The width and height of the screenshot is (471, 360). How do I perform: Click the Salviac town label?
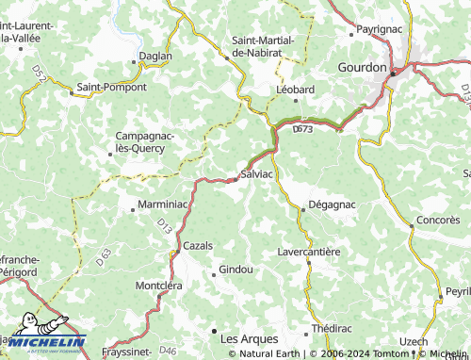coord(257,175)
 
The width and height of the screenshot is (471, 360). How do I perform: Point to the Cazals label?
coord(198,245)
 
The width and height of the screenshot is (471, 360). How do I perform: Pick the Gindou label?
coord(235,270)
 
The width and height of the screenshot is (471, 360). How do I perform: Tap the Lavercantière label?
coord(309,252)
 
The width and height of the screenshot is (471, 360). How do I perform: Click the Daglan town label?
coord(155,56)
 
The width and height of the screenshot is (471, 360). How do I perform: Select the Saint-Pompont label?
coord(111,87)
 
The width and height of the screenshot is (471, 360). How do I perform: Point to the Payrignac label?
coord(381,30)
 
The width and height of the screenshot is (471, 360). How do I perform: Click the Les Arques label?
coord(249,337)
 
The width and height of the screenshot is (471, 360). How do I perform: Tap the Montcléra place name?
coord(158,285)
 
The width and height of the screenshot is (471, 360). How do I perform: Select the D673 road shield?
coord(302,129)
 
